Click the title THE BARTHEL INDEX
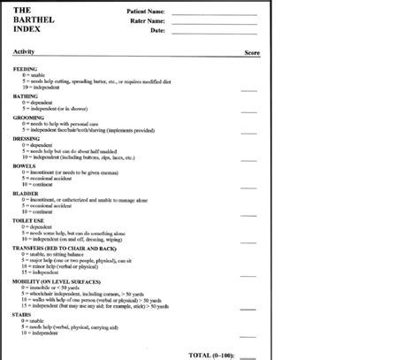35,19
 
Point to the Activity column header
25,53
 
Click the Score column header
251,53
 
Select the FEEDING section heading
26,68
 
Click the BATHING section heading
26,96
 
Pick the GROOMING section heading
29,117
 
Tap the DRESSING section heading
27,138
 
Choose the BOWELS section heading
25,165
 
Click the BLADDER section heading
27,193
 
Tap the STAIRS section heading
24,314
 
